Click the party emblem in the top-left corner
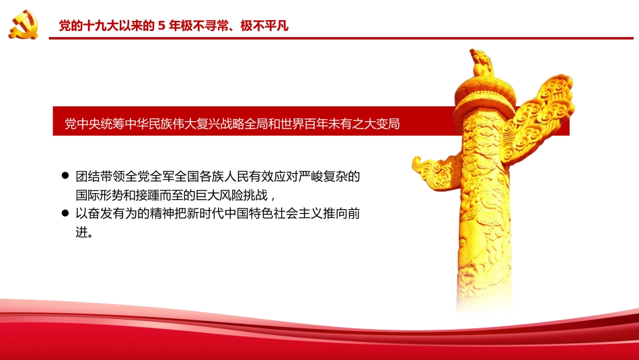pos(24,25)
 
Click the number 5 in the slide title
pos(161,27)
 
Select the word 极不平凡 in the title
pos(265,27)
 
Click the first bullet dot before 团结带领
pos(65,176)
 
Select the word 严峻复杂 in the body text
pos(315,177)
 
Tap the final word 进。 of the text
pos(83,233)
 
